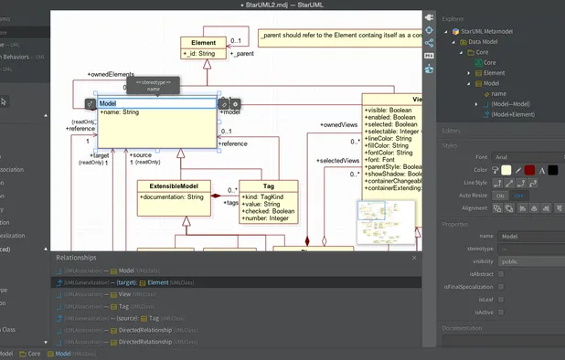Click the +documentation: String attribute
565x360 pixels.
coord(172,196)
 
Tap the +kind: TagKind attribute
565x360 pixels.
coord(264,196)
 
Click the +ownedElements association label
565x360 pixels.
coord(111,74)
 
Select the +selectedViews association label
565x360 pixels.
coord(339,161)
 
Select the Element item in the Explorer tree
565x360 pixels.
coord(494,72)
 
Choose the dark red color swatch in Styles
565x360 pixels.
coord(555,170)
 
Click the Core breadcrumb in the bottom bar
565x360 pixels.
coord(34,354)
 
